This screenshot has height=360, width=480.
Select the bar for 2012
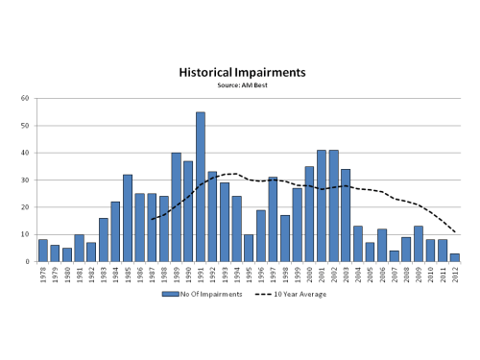tap(454, 257)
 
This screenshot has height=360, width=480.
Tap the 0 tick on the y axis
tap(29, 261)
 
